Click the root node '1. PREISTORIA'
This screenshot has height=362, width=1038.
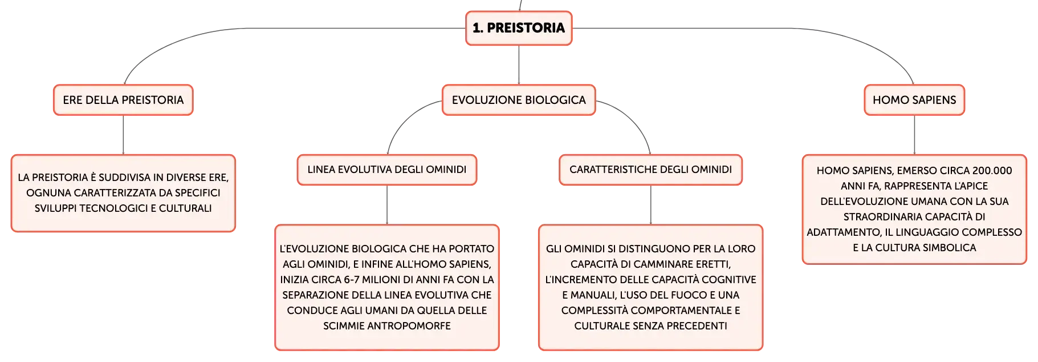(x=519, y=28)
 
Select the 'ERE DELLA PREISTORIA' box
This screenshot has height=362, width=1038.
(x=123, y=100)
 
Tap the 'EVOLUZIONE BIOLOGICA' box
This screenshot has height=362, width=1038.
(x=519, y=100)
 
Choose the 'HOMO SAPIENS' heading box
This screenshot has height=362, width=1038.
(x=914, y=100)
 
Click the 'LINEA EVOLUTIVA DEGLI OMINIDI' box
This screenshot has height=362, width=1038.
(x=387, y=170)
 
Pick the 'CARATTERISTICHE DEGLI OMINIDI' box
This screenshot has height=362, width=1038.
(x=650, y=170)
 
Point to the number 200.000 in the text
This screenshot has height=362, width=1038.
(x=992, y=171)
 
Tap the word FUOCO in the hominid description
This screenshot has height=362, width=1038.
(x=691, y=295)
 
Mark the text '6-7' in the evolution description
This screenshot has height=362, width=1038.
(x=352, y=280)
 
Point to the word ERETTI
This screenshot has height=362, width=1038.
(x=714, y=264)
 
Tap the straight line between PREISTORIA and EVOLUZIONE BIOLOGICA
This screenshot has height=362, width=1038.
(x=519, y=65)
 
